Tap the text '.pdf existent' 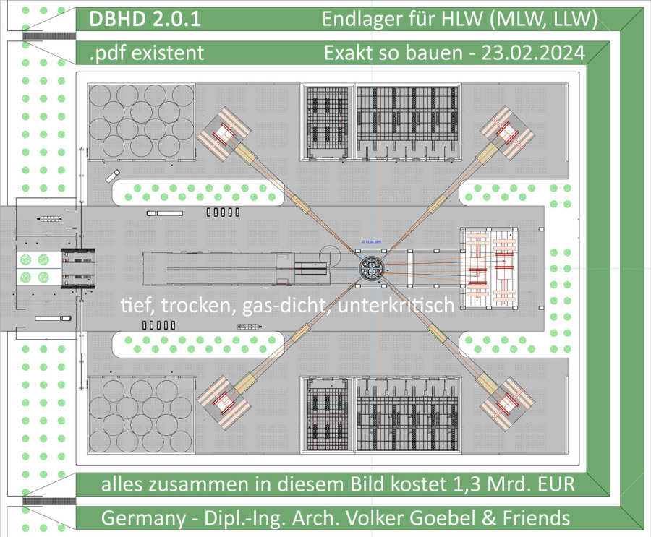(x=146, y=52)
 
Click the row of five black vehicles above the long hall (x=223, y=212)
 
